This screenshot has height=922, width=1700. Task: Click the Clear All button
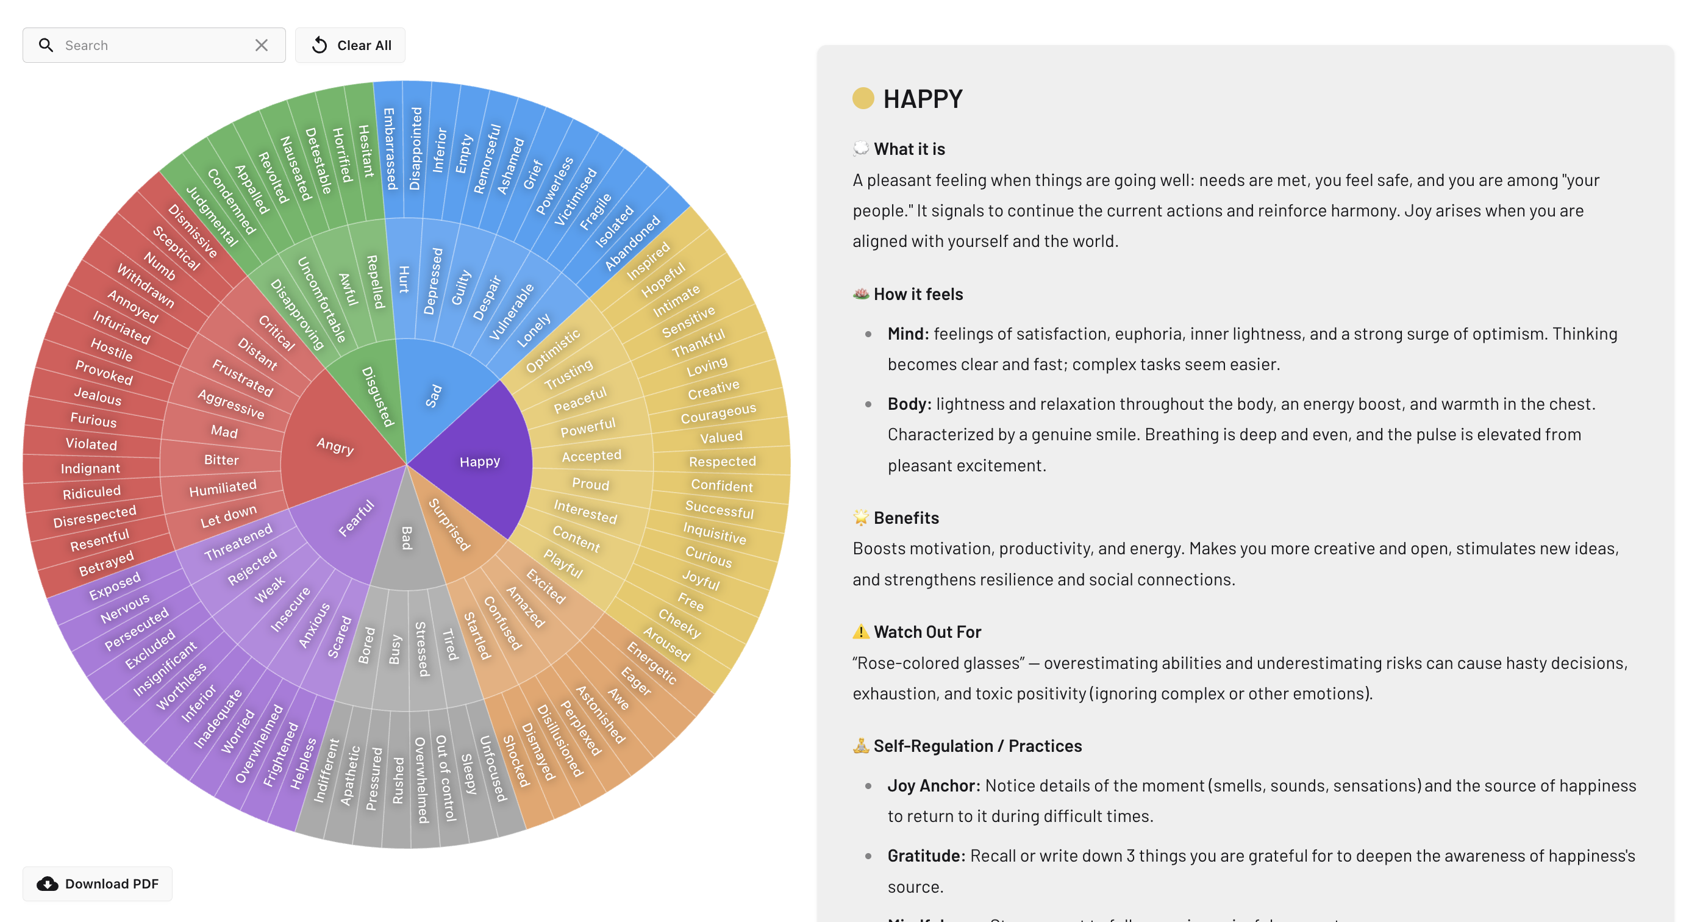click(351, 46)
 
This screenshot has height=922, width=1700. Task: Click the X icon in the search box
click(262, 46)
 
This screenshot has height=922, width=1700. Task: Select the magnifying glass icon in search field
click(46, 46)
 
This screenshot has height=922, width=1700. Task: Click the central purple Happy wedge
click(480, 462)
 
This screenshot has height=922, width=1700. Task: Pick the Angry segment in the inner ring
click(335, 446)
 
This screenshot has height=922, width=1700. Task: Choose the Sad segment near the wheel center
click(434, 396)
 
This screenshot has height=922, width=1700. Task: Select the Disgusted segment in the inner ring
click(377, 396)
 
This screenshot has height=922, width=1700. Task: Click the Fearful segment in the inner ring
click(356, 519)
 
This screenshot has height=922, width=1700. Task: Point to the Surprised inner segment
click(449, 524)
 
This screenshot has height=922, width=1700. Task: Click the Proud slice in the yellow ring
click(591, 484)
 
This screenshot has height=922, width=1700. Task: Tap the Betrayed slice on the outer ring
click(106, 563)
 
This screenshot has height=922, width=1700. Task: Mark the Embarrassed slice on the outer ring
click(390, 149)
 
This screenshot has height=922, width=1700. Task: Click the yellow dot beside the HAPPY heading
click(863, 98)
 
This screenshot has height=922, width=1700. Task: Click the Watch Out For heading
click(927, 632)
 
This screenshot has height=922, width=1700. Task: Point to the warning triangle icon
click(860, 632)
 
